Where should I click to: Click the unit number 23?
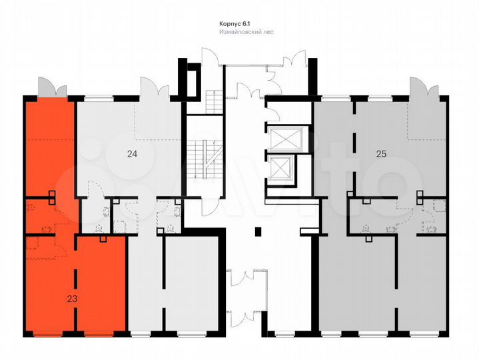pos(73,299)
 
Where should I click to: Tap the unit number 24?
pos(132,154)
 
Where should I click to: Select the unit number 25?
pos(380,154)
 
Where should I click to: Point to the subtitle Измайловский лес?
pos(246,32)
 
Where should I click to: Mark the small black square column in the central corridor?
pos(258,231)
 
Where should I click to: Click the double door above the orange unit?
pos(52,87)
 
